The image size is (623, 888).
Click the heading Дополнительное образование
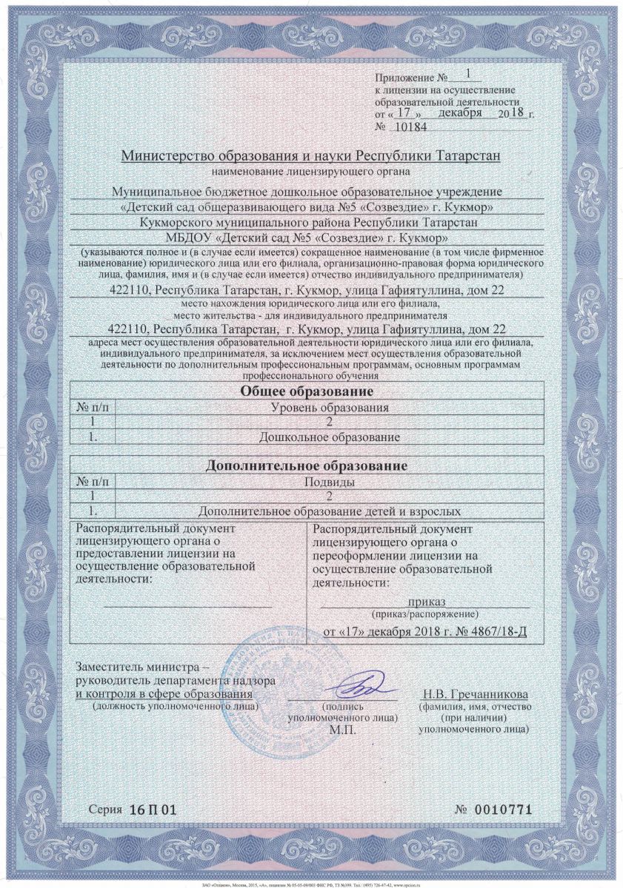coord(307,466)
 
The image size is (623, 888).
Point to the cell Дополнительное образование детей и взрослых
coord(330,511)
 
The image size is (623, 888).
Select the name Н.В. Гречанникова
coord(476,695)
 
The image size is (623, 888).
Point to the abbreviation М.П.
coord(342,730)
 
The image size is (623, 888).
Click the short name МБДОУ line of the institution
coord(294,238)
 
